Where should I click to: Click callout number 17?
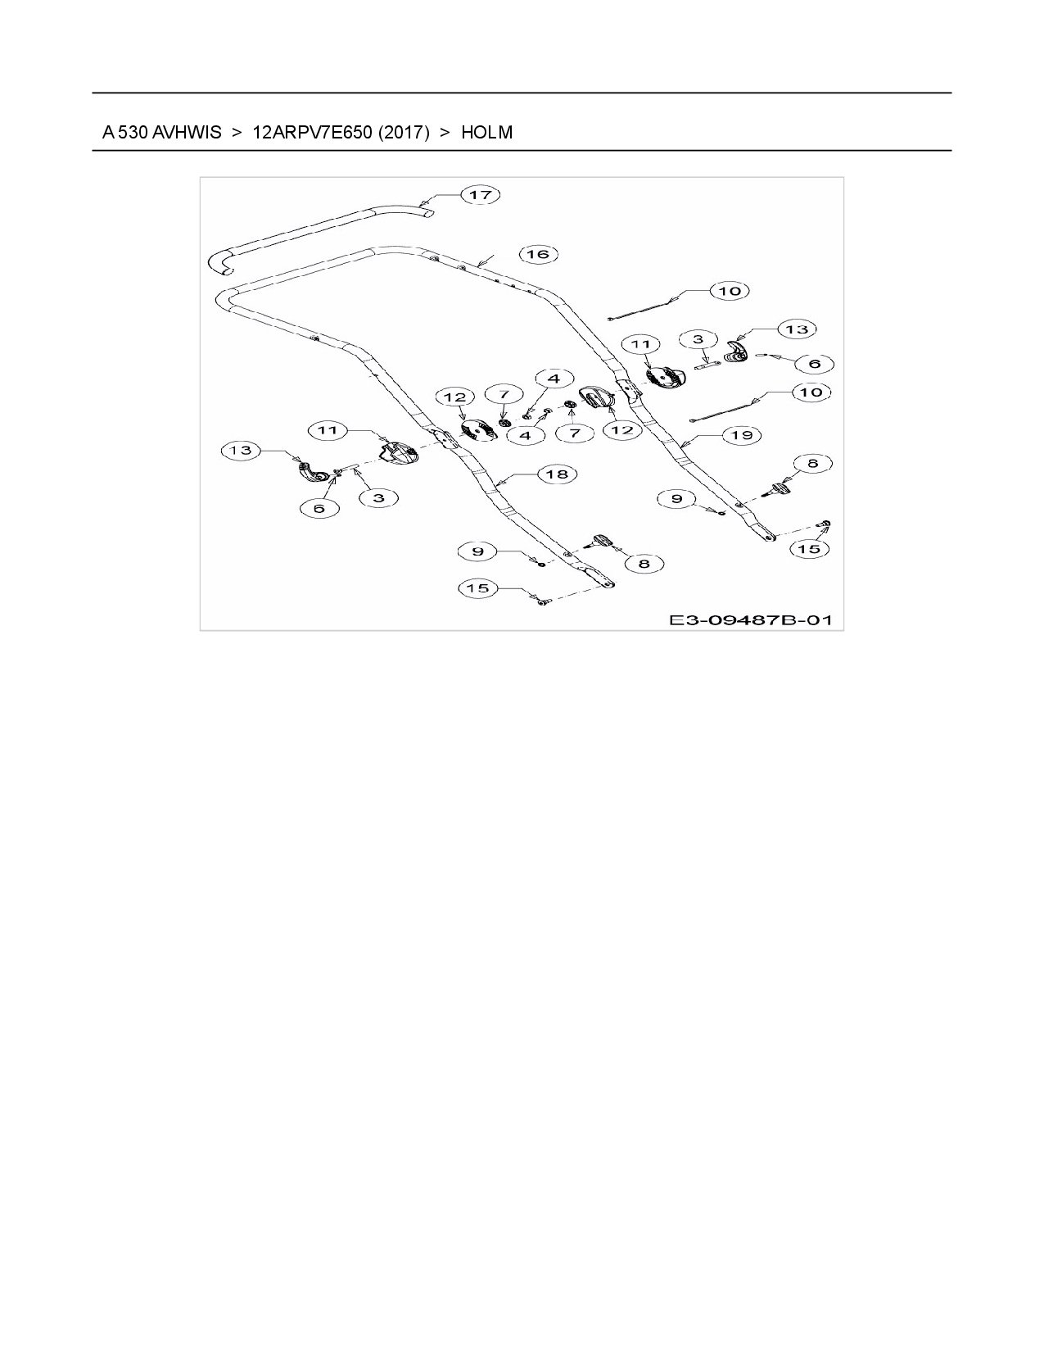tap(480, 195)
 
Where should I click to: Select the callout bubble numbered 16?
tap(538, 254)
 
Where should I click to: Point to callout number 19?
tap(742, 435)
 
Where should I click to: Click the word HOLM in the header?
tap(486, 132)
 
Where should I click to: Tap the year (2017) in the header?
tap(404, 132)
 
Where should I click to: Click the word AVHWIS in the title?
tap(187, 132)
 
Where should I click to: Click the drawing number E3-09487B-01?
tap(750, 619)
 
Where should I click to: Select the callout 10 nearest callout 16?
tap(729, 291)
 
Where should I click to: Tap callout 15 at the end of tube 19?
tap(809, 549)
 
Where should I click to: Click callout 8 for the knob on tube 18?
tap(644, 564)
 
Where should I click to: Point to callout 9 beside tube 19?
tap(676, 498)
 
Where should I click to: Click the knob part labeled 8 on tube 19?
tap(780, 489)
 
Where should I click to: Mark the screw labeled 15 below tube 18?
tap(541, 602)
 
